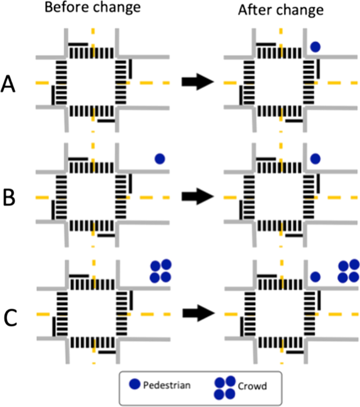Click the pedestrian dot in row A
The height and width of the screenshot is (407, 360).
tap(315, 47)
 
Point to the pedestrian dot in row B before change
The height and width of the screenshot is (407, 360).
tap(160, 158)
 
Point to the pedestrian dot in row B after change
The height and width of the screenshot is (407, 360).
tap(315, 158)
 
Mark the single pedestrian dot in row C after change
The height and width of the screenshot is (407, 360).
tap(315, 276)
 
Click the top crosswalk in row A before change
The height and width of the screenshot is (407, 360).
tap(92, 53)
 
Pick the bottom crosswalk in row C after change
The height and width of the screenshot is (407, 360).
tap(281, 342)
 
